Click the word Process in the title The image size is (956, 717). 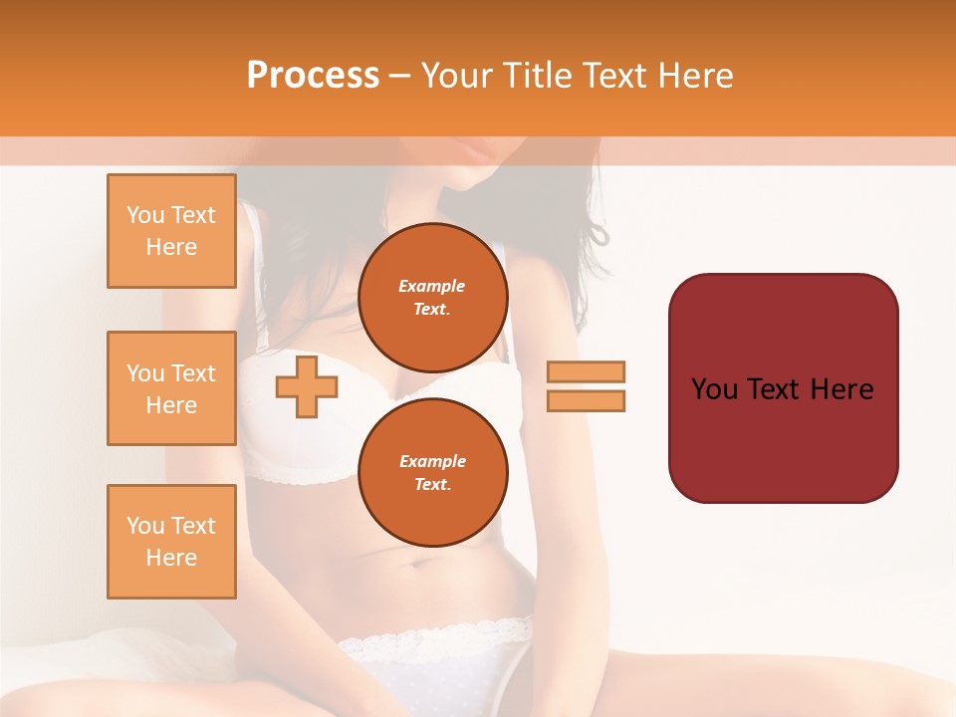pos(313,76)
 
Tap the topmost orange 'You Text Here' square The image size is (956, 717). pos(171,231)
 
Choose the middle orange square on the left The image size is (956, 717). pos(171,388)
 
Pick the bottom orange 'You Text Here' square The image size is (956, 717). pos(171,542)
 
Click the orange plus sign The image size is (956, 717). pos(307,386)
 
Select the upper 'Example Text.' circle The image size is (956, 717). pos(432,297)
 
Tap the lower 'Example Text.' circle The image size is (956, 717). pos(432,472)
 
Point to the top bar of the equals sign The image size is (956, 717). pos(586,371)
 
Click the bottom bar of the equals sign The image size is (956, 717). pos(586,400)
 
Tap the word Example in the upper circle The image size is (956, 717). pos(432,286)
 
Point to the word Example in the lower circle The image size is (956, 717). pos(432,461)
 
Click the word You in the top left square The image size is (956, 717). pos(145,215)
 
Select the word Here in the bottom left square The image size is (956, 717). pos(171,558)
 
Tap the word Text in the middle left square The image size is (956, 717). pos(193,373)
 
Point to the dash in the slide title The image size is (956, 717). pos(400,76)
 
